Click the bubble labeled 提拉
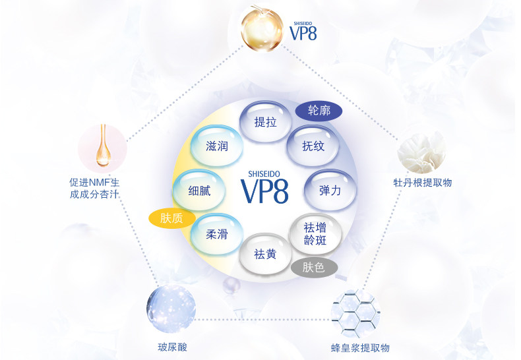[265, 122]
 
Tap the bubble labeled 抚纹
[313, 146]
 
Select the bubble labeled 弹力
[330, 191]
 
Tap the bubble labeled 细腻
[199, 191]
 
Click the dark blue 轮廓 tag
[319, 110]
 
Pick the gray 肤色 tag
[314, 267]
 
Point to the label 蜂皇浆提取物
[360, 348]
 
